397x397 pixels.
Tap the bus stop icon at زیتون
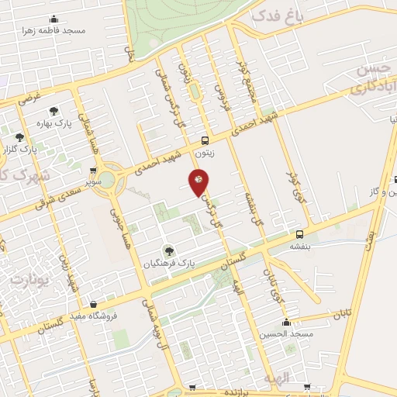pos(205,141)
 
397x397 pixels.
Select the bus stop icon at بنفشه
pos(299,234)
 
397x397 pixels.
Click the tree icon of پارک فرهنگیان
pos(169,250)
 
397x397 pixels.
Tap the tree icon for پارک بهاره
pos(53,111)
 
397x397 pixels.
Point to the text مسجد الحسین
pos(287,333)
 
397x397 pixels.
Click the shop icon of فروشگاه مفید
pos(94,304)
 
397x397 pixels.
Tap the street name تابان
pos(342,315)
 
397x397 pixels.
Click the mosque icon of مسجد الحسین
pos(287,322)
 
